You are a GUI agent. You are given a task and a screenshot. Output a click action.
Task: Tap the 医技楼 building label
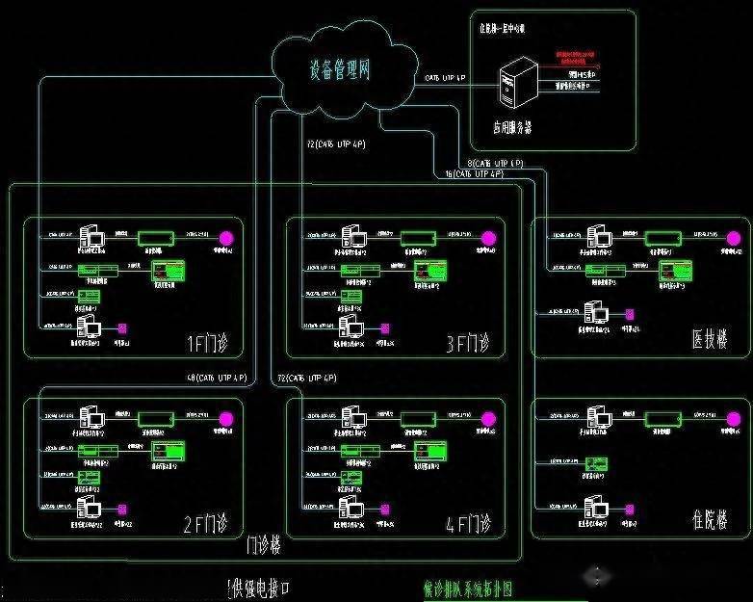click(709, 340)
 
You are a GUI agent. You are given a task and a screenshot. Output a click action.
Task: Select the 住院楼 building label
click(709, 521)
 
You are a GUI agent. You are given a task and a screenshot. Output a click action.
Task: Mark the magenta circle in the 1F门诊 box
click(227, 237)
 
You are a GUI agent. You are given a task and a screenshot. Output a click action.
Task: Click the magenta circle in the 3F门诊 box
click(488, 238)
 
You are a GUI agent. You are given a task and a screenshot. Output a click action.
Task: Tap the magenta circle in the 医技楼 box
click(736, 237)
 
